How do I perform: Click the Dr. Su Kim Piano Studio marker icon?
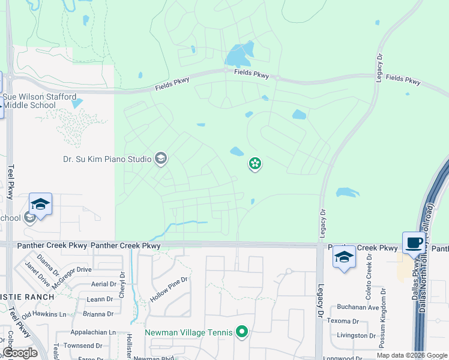[x=160, y=158]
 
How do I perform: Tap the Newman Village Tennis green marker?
[x=242, y=332]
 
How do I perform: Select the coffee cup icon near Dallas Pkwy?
[x=413, y=243]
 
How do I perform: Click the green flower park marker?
[x=255, y=163]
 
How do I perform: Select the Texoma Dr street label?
[x=343, y=321]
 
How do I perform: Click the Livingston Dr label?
[x=351, y=336]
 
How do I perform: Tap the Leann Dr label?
[x=100, y=299]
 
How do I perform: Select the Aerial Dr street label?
[x=103, y=284]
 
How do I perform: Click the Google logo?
[x=20, y=353]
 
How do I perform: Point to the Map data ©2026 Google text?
[x=411, y=355]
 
